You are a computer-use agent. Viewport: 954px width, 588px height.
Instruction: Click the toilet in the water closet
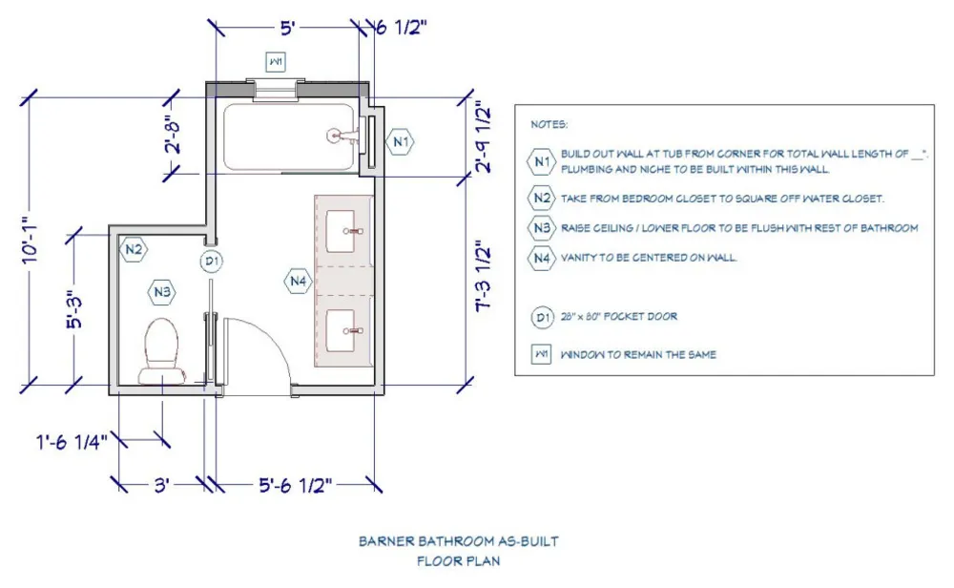click(162, 351)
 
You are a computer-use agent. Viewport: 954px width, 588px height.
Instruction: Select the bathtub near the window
click(288, 136)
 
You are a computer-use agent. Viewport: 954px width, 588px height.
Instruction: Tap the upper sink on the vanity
click(341, 231)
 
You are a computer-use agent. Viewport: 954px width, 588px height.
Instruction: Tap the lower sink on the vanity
click(341, 330)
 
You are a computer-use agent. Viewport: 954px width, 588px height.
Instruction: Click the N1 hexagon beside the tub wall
click(400, 142)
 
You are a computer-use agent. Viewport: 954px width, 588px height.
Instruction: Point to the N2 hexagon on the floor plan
click(134, 249)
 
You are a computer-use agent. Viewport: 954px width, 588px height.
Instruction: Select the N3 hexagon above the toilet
click(162, 292)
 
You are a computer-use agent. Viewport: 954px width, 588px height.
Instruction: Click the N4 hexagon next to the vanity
click(298, 282)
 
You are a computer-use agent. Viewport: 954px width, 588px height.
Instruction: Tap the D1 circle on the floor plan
click(211, 262)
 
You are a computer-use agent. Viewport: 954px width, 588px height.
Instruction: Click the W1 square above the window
click(276, 61)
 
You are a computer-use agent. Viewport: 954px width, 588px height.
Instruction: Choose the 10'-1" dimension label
click(31, 241)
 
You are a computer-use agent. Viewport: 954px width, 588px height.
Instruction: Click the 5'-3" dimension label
click(74, 310)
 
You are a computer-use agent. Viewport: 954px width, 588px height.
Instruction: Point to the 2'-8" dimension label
click(172, 136)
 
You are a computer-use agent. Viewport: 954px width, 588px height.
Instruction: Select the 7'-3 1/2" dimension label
click(483, 276)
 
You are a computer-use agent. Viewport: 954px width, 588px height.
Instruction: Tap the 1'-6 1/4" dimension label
click(72, 441)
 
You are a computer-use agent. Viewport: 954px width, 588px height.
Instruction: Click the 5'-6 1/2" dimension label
click(296, 485)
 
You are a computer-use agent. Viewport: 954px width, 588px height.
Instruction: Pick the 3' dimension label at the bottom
click(161, 485)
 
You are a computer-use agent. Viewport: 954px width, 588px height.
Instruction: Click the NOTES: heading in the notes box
click(550, 124)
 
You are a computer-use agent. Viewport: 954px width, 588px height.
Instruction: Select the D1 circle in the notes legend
click(542, 317)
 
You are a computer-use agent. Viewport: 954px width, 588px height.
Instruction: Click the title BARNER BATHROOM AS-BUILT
click(459, 541)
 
